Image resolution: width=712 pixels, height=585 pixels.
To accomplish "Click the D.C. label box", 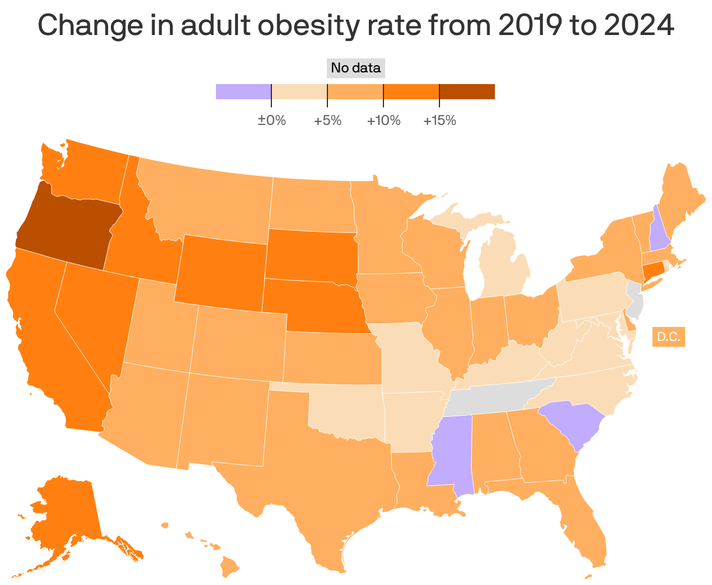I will [x=668, y=337].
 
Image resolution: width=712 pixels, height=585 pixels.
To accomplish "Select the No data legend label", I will [x=355, y=68].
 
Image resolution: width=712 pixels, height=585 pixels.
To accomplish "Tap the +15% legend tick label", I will [x=439, y=121].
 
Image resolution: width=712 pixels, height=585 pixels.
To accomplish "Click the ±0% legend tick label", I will [x=271, y=121].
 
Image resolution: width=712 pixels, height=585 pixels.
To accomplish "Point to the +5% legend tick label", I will [x=327, y=121].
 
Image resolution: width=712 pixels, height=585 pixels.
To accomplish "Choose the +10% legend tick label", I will [x=383, y=121].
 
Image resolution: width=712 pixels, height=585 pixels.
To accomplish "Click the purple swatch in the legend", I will [x=243, y=92].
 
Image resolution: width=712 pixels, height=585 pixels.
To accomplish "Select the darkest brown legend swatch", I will [x=467, y=92].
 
